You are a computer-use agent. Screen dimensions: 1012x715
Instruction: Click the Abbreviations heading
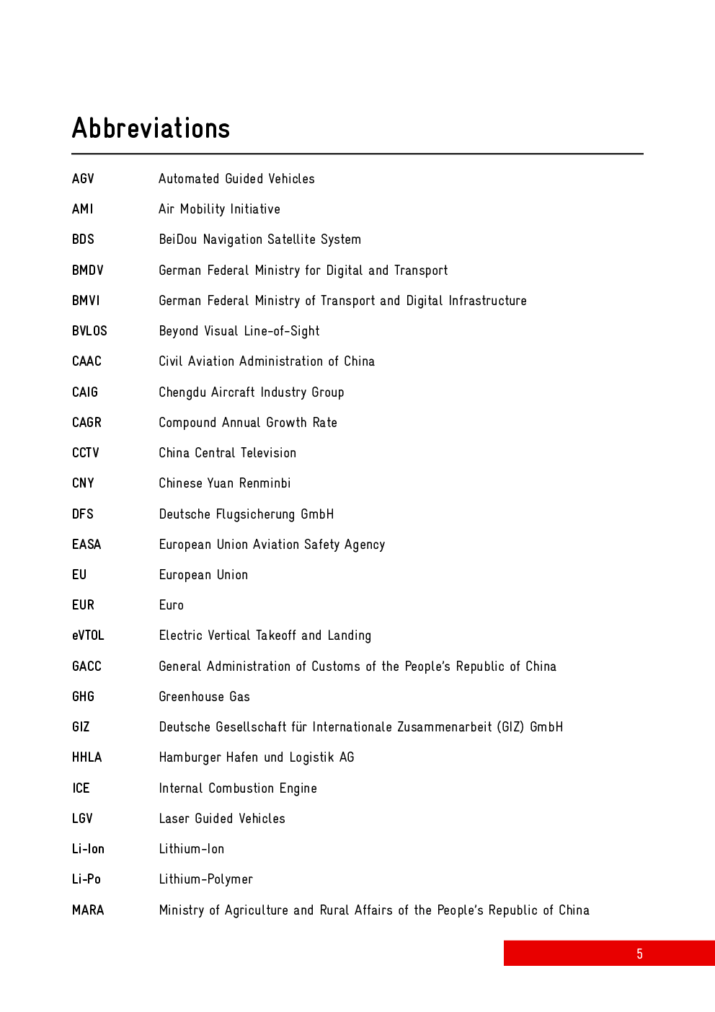(151, 128)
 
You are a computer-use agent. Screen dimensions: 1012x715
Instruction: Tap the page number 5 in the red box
(639, 954)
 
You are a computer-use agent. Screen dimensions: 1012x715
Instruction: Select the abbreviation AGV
(83, 179)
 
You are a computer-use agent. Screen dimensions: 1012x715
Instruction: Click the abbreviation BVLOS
(89, 331)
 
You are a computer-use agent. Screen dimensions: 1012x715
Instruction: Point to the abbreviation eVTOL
(88, 635)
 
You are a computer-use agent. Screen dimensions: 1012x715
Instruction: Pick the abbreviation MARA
(88, 910)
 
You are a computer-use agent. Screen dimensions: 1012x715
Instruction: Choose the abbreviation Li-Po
(86, 879)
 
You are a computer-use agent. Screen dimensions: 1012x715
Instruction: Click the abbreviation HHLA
(86, 757)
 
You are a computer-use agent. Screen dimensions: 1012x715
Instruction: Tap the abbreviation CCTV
(85, 453)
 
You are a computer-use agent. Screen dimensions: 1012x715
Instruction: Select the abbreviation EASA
(86, 545)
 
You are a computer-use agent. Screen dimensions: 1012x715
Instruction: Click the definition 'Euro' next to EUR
(172, 605)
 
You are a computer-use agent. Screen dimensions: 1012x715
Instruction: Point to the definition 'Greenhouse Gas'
(204, 697)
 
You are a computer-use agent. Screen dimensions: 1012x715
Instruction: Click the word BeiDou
(177, 239)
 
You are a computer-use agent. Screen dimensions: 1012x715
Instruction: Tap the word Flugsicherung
(255, 514)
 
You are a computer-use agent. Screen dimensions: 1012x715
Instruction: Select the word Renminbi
(265, 483)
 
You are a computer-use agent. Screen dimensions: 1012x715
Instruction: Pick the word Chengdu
(182, 392)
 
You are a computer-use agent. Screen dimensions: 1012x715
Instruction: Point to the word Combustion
(241, 788)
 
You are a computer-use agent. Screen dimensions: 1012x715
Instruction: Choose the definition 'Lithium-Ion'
(191, 849)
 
